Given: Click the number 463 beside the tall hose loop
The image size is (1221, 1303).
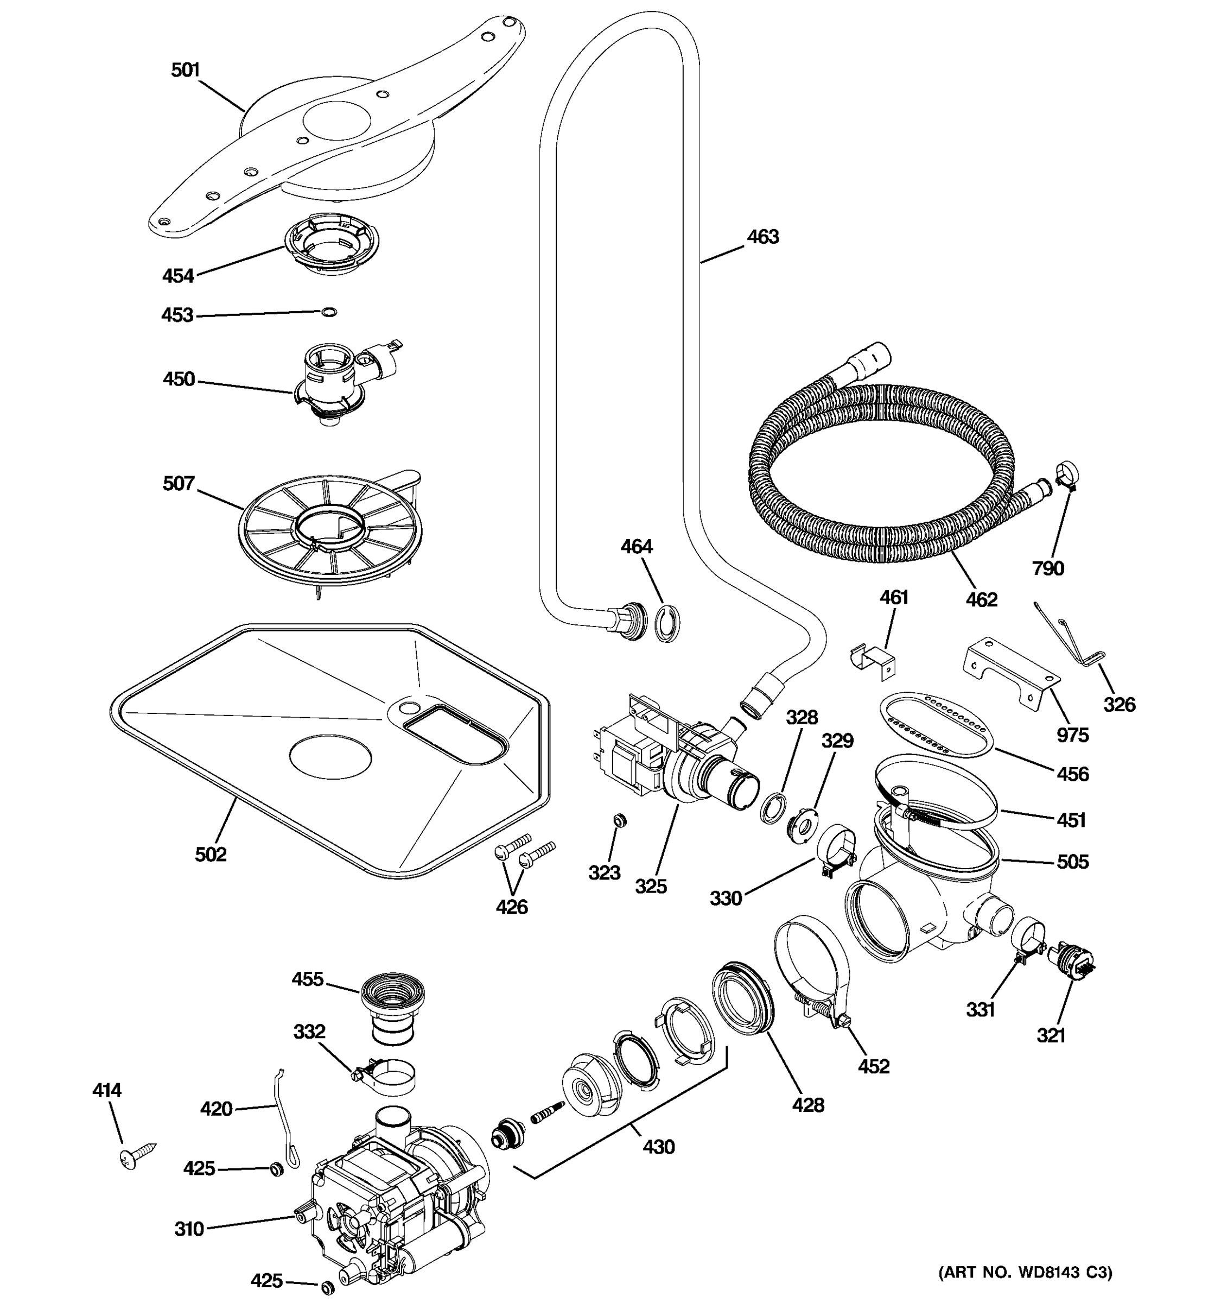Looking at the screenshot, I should coord(762,237).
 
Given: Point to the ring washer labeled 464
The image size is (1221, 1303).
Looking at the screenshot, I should coord(667,624).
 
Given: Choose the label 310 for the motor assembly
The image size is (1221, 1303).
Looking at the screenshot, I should coord(189,1229).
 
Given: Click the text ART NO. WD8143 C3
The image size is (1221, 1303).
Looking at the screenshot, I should coord(1025,1273).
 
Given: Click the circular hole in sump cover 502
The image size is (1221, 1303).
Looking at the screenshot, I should coord(330,756).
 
